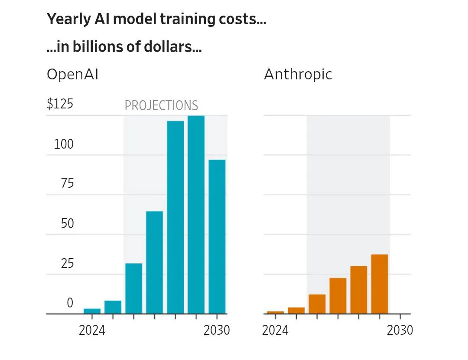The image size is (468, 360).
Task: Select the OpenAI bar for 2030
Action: click(217, 236)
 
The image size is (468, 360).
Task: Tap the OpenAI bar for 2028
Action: click(175, 217)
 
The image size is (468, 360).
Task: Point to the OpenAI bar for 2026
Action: click(134, 288)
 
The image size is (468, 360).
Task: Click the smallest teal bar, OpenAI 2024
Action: click(92, 311)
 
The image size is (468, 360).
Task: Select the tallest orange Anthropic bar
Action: click(380, 284)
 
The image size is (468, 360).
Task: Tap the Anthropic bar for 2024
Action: click(276, 312)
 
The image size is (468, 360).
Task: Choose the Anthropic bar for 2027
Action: click(338, 295)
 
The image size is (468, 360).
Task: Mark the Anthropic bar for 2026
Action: click(317, 304)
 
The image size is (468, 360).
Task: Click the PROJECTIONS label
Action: click(161, 105)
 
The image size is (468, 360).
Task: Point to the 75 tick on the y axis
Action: click(67, 183)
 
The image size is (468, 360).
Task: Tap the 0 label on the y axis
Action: click(70, 303)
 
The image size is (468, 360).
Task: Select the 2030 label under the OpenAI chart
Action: click(217, 331)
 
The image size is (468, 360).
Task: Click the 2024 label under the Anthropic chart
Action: click(275, 331)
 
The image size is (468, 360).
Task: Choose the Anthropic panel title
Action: click(298, 75)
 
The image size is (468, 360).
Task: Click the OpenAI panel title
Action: click(72, 75)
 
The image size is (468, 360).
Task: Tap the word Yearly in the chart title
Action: click(65, 20)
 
